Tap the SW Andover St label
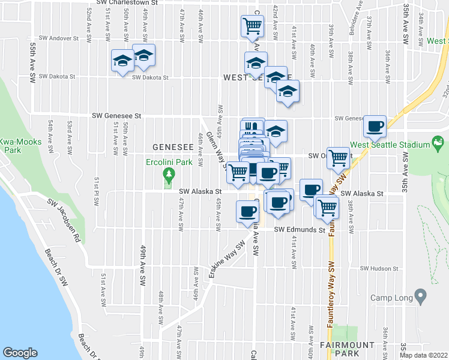coord(58,38)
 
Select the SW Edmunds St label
coord(300,229)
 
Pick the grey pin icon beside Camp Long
coord(420,295)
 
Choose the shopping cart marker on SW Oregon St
coord(339,158)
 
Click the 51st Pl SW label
coord(95,191)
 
